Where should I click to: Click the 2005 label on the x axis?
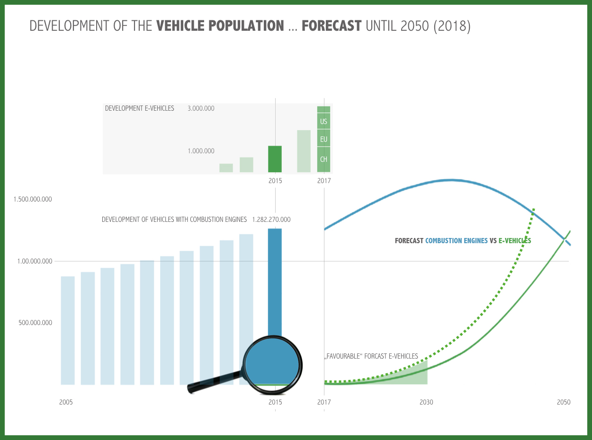pos(66,403)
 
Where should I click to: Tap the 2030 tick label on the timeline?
pos(426,403)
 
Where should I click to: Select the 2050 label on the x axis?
pos(564,403)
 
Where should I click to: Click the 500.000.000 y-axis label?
pos(36,323)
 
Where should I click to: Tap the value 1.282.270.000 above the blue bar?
pos(271,220)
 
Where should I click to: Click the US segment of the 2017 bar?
pos(323,122)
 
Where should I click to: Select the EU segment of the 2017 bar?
pos(323,140)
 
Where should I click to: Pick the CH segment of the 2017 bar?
pos(323,159)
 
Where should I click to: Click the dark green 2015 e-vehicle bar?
pos(275,159)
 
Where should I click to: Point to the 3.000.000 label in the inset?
pos(201,108)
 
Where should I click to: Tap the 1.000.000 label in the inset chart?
pos(201,151)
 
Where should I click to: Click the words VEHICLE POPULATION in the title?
pos(220,26)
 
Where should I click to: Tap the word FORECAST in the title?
pos(332,26)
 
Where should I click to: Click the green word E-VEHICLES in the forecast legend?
pos(515,241)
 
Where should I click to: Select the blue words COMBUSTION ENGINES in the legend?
pos(456,241)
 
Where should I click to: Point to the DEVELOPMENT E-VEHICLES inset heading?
pos(140,108)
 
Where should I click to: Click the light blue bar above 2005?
pos(68,330)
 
